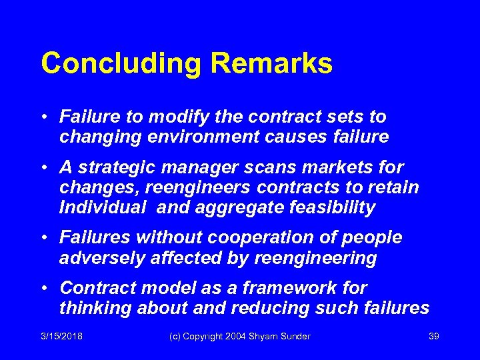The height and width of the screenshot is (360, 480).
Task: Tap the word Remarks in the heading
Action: (x=271, y=64)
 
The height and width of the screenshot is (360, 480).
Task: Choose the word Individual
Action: (x=101, y=207)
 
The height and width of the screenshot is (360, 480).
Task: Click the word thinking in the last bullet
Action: (x=95, y=308)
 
